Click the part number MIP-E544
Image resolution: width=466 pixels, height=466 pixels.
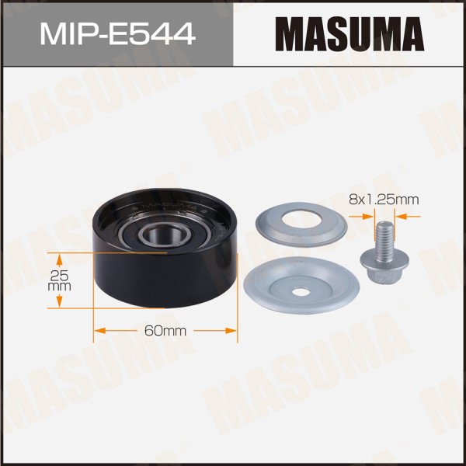118,35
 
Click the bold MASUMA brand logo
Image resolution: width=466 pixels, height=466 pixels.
349,34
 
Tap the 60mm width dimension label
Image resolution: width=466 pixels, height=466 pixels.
165,331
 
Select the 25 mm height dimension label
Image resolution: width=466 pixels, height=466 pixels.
59,281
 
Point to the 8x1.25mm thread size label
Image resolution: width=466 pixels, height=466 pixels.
384,200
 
